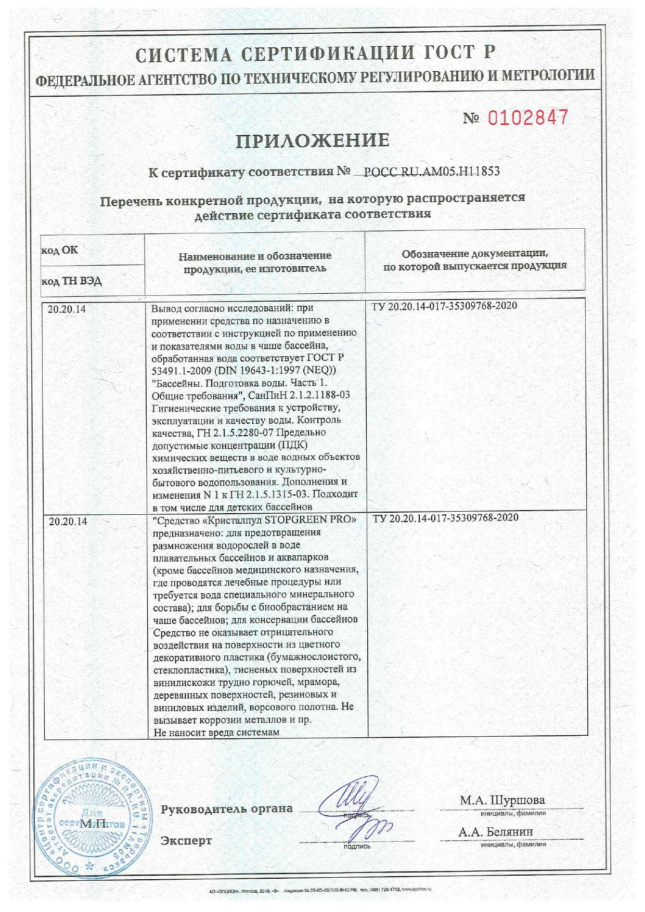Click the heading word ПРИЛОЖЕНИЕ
coord(313,141)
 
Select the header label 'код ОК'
coord(59,250)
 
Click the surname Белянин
coord(510,832)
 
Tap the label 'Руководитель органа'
coord(226,809)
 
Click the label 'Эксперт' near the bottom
coord(186,840)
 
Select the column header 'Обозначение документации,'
coord(474,253)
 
